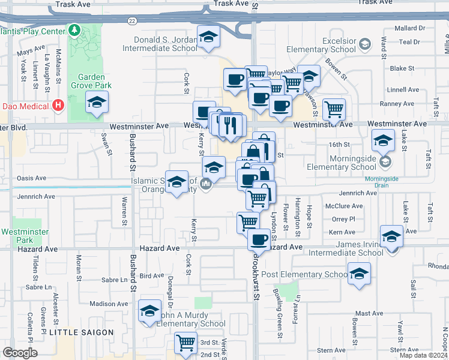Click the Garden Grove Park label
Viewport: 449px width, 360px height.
[91, 82]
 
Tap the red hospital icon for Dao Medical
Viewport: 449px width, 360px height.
[58, 106]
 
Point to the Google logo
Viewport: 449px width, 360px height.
[20, 353]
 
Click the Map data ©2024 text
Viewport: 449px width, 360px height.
[423, 355]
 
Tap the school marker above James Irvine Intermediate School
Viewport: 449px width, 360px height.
[391, 236]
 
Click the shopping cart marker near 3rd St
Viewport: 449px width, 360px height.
[186, 343]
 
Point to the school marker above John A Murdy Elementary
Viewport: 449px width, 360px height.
[150, 311]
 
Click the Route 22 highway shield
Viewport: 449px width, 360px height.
[132, 20]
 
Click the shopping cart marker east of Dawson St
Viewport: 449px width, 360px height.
[334, 110]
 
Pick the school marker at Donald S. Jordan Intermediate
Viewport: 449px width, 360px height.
[208, 38]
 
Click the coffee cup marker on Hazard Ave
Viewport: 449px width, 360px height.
[259, 239]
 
